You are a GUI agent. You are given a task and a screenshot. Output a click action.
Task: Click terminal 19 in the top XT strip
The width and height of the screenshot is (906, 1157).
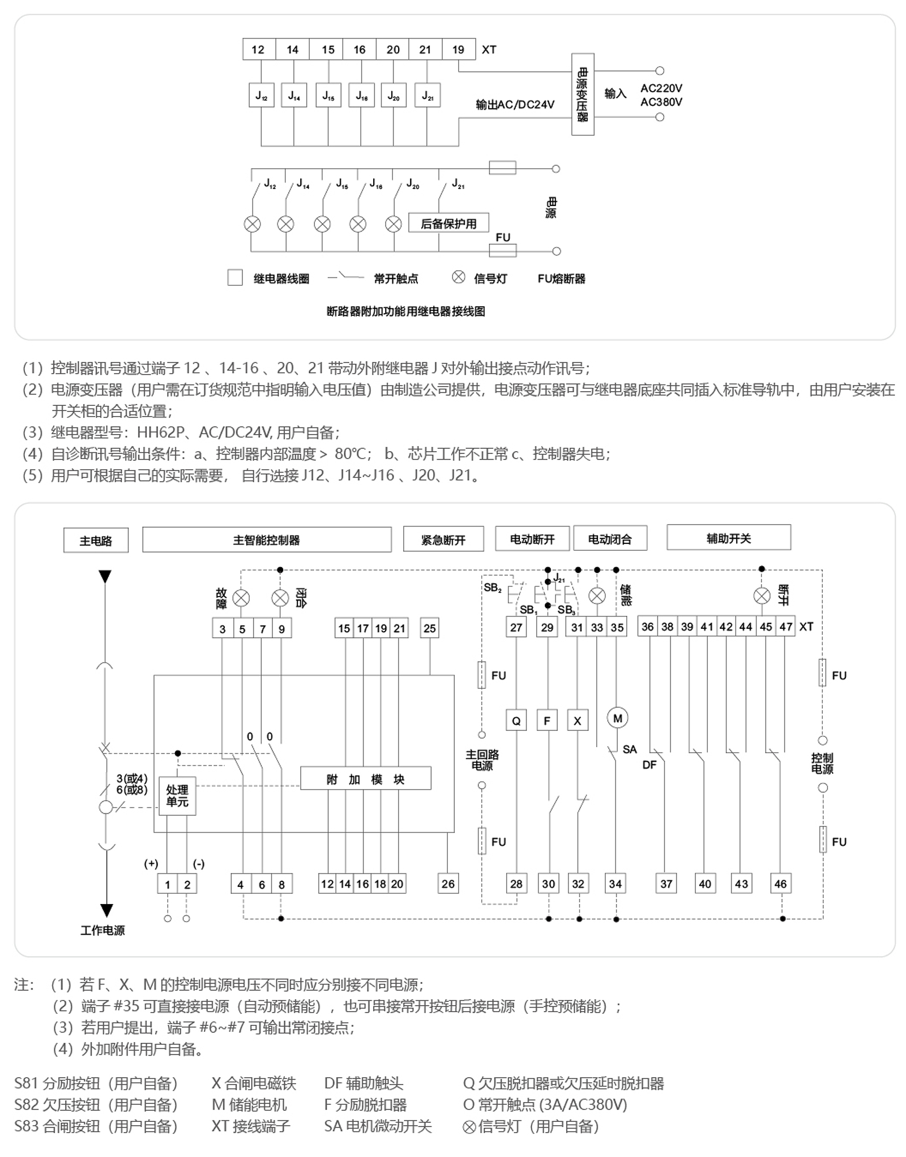coord(458,49)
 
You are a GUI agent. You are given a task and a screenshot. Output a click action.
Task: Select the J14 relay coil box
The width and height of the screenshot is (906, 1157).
coord(294,95)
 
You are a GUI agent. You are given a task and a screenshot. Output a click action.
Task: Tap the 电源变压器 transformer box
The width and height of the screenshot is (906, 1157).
coord(583,95)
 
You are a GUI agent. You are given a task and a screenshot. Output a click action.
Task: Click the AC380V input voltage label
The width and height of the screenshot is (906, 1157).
coord(661,102)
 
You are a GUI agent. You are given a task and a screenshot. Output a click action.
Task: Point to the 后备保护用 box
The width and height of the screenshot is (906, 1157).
coord(448,224)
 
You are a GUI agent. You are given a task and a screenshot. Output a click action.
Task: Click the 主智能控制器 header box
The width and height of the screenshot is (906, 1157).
coord(267,540)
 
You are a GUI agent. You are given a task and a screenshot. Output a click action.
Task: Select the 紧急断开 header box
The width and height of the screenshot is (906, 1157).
coord(443,539)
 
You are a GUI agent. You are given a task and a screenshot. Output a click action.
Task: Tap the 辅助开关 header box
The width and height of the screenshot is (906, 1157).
coord(729,538)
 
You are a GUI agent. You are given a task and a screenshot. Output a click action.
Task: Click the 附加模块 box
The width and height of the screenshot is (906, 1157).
coord(365,779)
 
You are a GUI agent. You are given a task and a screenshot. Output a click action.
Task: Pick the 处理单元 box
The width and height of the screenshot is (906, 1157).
coord(177,795)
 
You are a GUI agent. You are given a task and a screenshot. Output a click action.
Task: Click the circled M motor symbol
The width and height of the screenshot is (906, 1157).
coord(617,718)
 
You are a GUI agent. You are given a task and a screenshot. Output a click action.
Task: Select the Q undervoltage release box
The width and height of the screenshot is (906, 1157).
coord(516,721)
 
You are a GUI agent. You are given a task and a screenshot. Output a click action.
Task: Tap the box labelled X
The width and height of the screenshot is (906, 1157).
coord(578,721)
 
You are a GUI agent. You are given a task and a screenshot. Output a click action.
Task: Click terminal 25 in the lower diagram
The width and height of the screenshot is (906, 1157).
coord(430,628)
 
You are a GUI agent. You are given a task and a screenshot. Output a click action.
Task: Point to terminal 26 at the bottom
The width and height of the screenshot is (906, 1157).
coord(448,884)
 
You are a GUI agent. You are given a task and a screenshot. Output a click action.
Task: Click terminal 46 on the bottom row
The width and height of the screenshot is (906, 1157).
coord(780,884)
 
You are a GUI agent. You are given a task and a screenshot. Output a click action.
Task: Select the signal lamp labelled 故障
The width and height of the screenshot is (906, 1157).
coord(241,598)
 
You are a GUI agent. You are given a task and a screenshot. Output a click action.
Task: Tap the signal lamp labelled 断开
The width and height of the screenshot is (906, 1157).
coord(762,596)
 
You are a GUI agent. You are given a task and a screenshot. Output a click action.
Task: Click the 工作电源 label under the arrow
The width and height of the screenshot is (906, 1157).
coord(102,931)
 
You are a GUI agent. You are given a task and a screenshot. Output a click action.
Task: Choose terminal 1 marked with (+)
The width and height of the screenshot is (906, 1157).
coord(167,884)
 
